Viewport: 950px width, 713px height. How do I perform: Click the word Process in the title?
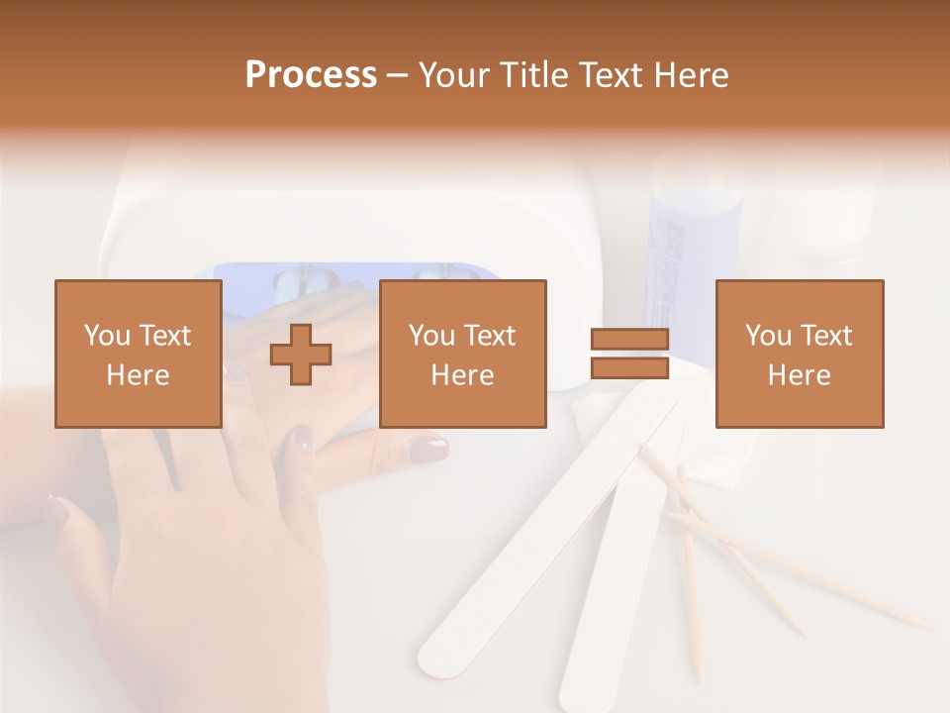click(x=311, y=75)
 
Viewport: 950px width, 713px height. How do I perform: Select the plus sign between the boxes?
click(x=301, y=355)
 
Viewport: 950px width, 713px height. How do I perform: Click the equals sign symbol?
click(x=629, y=354)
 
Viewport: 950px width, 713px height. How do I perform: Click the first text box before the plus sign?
click(x=139, y=354)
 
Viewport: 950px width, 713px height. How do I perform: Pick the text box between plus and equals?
click(x=462, y=354)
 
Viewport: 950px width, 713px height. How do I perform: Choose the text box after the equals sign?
click(x=799, y=354)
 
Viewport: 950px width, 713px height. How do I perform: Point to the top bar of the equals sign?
click(x=629, y=340)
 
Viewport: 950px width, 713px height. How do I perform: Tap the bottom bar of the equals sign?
click(x=629, y=367)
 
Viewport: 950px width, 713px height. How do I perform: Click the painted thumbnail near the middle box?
click(x=428, y=451)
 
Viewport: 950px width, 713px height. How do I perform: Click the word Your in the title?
click(x=454, y=75)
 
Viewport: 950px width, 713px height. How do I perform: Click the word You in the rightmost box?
click(x=769, y=336)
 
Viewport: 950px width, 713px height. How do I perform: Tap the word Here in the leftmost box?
click(x=139, y=375)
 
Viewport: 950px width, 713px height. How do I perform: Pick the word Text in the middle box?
click(x=490, y=336)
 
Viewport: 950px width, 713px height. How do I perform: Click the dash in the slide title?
click(x=397, y=76)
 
